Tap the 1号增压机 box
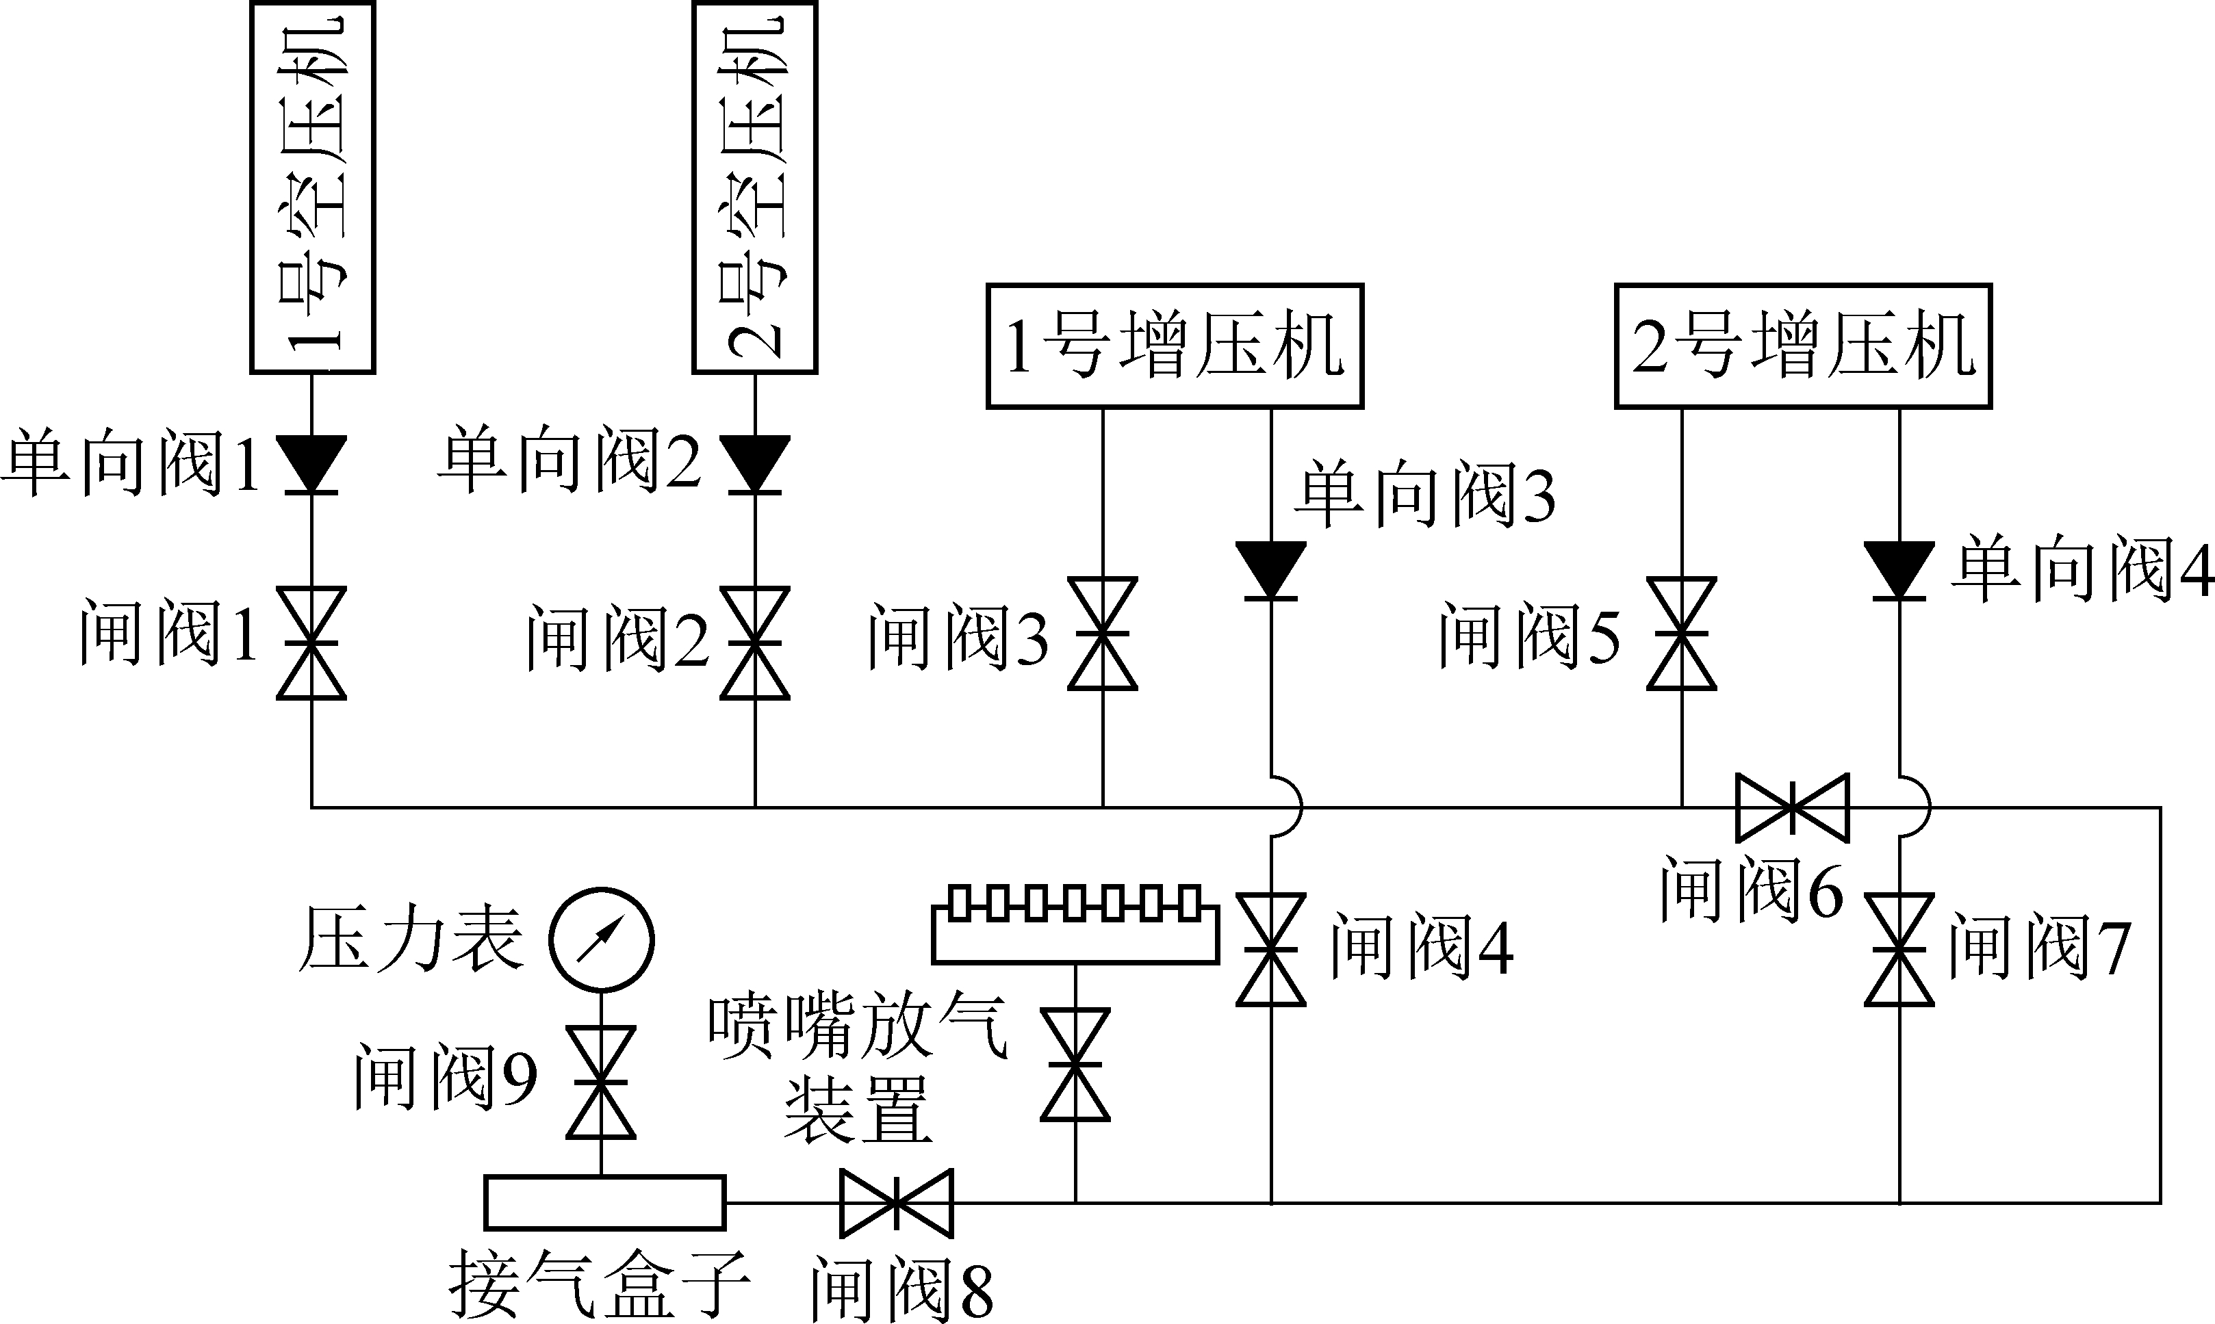(1175, 346)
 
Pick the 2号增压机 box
(1803, 346)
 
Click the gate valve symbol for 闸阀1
(311, 642)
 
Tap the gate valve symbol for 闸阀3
(1103, 634)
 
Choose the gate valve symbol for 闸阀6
(1792, 807)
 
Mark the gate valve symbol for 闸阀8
(896, 1203)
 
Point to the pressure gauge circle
(600, 939)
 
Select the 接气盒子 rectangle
(604, 1202)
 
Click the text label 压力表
(411, 939)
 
